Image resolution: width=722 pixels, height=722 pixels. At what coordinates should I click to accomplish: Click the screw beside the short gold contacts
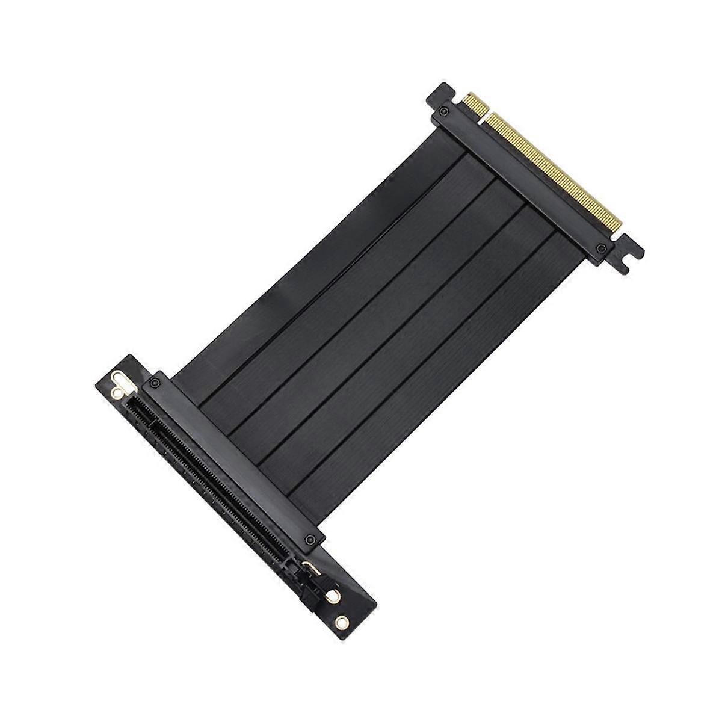tap(443, 111)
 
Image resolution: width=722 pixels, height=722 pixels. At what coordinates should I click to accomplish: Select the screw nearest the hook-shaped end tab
tap(599, 248)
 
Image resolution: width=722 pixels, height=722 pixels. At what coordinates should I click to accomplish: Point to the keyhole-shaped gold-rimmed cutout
tap(121, 383)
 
